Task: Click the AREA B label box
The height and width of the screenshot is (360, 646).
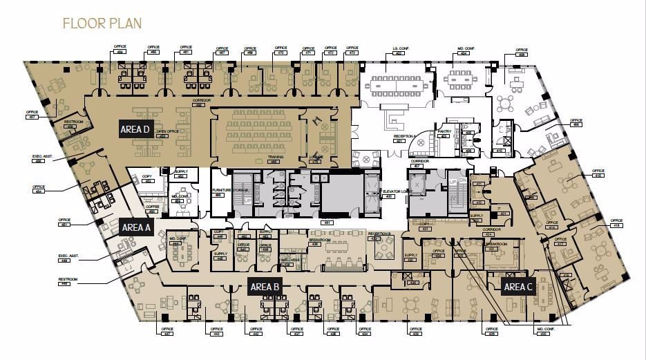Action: click(265, 286)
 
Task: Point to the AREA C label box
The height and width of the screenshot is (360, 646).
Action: click(518, 287)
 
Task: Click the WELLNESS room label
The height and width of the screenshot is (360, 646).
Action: click(290, 259)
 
